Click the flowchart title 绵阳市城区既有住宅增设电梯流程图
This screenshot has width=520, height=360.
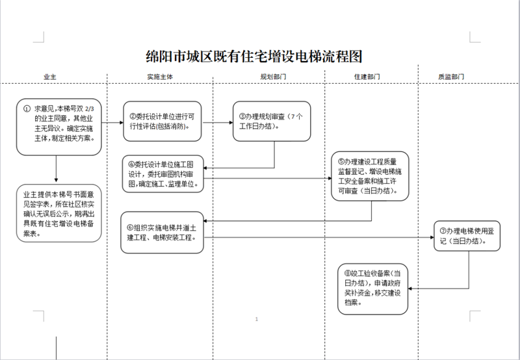pos(253,57)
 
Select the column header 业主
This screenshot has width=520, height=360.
pos(51,77)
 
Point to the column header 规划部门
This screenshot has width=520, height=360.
pos(269,77)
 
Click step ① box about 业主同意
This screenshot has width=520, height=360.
pos(59,126)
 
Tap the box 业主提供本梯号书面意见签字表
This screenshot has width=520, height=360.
pos(59,214)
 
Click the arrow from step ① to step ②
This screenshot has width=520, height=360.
pos(112,122)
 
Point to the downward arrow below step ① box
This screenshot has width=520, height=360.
pos(58,169)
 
